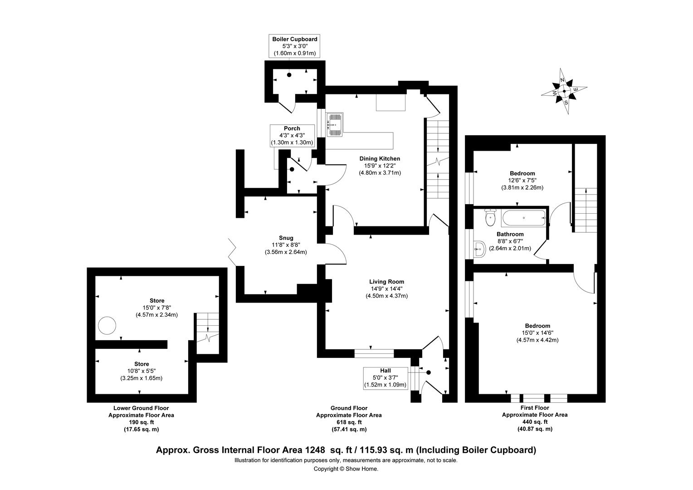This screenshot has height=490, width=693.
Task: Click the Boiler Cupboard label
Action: pyautogui.click(x=294, y=39)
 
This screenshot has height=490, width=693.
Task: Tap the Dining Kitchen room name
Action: pyautogui.click(x=380, y=158)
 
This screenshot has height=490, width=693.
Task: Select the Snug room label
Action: pyautogui.click(x=286, y=238)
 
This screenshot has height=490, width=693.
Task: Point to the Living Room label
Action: pyautogui.click(x=386, y=282)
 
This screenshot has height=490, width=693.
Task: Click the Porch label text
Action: pyautogui.click(x=292, y=128)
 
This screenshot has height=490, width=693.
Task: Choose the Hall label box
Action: pyautogui.click(x=385, y=378)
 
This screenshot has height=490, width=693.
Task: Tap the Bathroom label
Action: pyautogui.click(x=510, y=234)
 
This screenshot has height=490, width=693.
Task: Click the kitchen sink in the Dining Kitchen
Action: pyautogui.click(x=335, y=124)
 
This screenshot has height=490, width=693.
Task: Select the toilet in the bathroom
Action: pyautogui.click(x=490, y=217)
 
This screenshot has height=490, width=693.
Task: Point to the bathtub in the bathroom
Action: pyautogui.click(x=524, y=218)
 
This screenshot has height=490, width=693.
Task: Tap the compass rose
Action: pyautogui.click(x=564, y=91)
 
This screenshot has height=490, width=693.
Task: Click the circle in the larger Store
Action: pyautogui.click(x=107, y=325)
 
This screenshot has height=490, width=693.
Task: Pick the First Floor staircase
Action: pyautogui.click(x=586, y=210)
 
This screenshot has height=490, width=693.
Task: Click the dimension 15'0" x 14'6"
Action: pyautogui.click(x=537, y=333)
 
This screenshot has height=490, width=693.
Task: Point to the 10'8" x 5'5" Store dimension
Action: pyautogui.click(x=142, y=371)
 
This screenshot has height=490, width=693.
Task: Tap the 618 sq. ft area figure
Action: pyautogui.click(x=349, y=422)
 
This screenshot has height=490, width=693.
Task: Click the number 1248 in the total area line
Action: pyautogui.click(x=315, y=450)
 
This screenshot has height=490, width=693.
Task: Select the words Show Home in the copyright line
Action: pyautogui.click(x=361, y=469)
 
